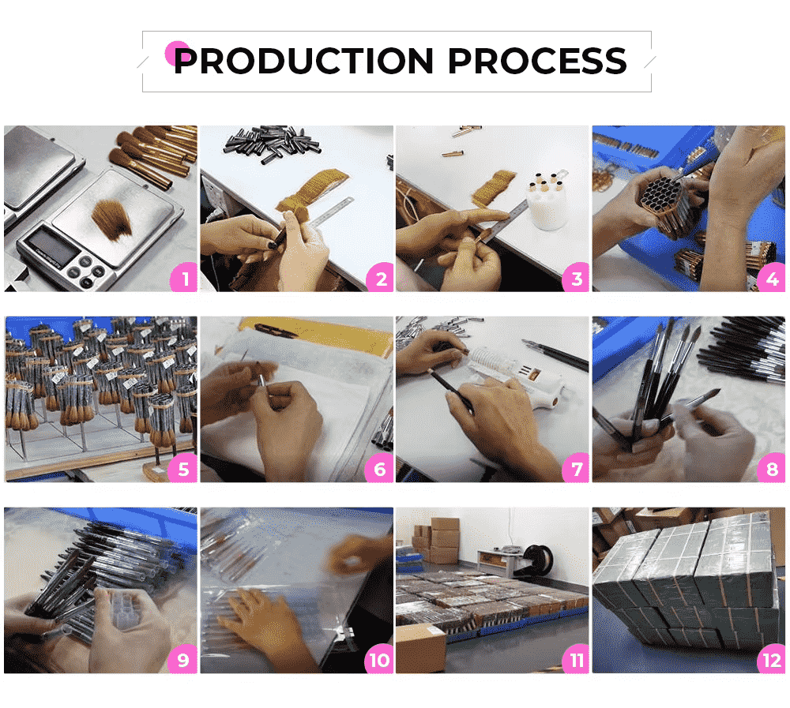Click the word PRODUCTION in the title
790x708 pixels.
point(303,61)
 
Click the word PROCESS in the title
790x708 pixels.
point(537,61)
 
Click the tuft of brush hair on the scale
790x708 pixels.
point(111,219)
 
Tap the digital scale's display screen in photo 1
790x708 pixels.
point(52,247)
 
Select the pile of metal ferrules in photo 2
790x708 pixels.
point(272,144)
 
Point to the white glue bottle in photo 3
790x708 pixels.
point(547,201)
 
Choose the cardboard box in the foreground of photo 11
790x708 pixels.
point(421,648)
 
